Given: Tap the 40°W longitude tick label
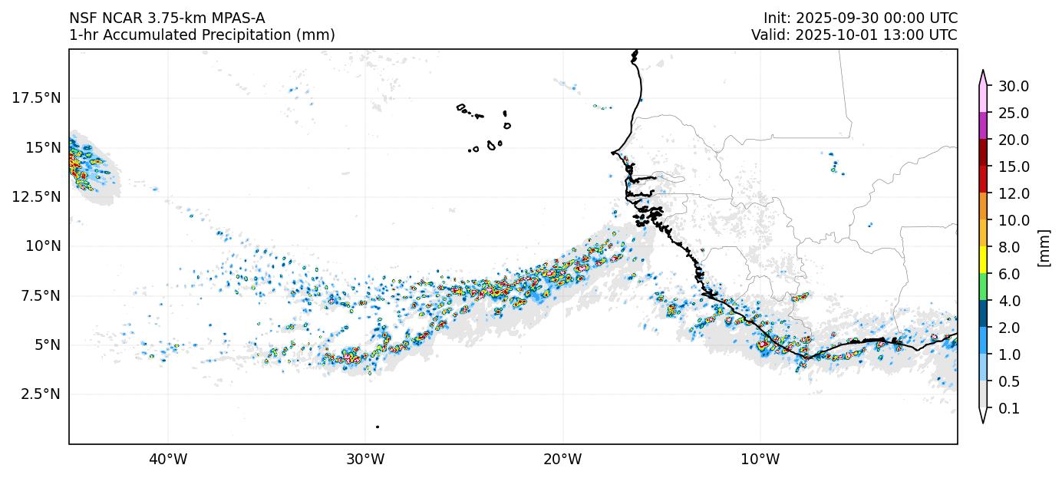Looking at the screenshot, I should point(167,460).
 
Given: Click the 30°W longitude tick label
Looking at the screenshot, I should point(364,460).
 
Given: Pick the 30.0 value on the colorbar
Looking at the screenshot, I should point(1013,86).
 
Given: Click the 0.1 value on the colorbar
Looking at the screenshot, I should point(1009,409).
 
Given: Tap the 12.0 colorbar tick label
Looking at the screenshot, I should point(1013,193).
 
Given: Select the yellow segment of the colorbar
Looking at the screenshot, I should point(982,261).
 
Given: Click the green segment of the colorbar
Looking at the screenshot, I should point(982,288).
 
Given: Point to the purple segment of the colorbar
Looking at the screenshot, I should point(982,126).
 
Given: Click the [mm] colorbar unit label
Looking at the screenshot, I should point(1044,247).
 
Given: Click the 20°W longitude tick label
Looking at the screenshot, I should point(562,460).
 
